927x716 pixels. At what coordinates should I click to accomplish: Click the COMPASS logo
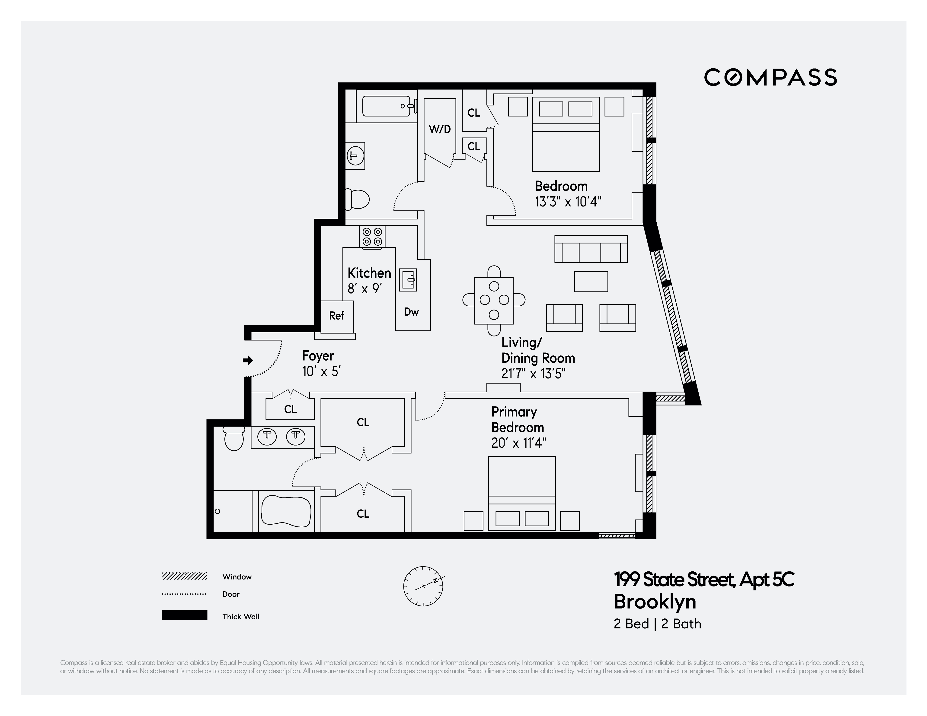point(770,77)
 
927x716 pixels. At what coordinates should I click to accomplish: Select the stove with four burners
point(372,237)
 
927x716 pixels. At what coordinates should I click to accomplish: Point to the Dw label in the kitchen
point(411,312)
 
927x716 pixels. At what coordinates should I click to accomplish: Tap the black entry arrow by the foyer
point(248,361)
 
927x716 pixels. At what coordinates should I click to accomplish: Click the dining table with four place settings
point(494,300)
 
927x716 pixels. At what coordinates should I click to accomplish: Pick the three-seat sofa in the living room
point(591,249)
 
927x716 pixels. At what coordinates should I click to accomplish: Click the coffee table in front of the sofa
point(591,282)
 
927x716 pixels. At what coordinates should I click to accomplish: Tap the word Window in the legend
point(237,577)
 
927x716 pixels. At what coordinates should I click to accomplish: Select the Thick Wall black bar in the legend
point(185,615)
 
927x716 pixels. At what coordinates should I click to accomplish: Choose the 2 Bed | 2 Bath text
point(658,624)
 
